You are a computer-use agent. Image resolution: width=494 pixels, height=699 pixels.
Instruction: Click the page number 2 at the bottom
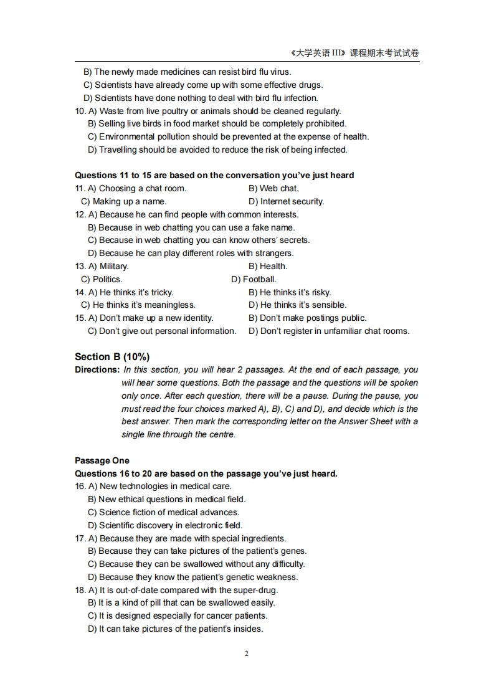click(x=247, y=654)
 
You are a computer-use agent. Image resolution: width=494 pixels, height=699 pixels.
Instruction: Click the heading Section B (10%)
click(x=112, y=357)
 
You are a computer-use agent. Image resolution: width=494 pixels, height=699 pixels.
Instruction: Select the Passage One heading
click(x=102, y=460)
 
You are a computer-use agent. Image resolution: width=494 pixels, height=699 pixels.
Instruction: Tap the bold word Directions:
click(x=97, y=370)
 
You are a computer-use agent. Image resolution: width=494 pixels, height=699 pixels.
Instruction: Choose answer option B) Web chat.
click(x=273, y=188)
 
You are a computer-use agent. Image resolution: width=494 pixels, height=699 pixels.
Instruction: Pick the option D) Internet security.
click(x=286, y=201)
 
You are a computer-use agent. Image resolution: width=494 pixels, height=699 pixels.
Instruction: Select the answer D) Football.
click(x=254, y=279)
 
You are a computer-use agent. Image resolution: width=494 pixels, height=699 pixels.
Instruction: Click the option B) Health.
click(x=268, y=266)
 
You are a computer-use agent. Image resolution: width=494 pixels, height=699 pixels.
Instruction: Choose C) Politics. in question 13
click(x=102, y=279)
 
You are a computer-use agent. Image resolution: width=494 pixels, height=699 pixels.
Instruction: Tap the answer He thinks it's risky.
click(x=290, y=292)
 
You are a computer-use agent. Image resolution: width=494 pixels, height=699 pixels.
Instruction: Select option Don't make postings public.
click(x=307, y=318)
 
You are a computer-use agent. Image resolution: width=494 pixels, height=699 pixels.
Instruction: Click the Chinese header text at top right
click(x=354, y=54)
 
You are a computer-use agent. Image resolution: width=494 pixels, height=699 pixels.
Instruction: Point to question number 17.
click(x=80, y=538)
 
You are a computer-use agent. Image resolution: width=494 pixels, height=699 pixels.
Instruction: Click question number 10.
click(x=80, y=111)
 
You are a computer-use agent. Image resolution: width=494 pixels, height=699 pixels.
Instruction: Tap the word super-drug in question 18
click(x=255, y=590)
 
